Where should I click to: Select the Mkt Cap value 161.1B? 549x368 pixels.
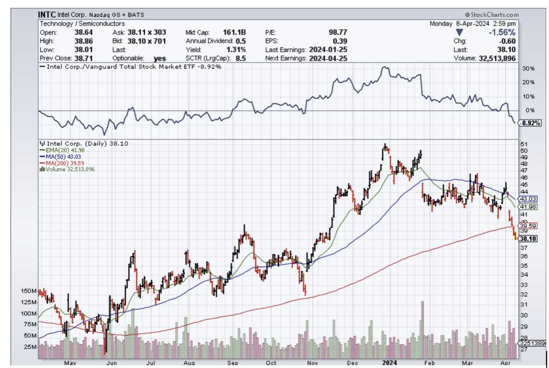[x=235, y=33]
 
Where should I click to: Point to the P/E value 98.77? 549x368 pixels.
[x=337, y=33]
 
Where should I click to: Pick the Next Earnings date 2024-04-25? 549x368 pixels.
[x=328, y=58]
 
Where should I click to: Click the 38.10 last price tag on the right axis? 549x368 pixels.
[x=525, y=239]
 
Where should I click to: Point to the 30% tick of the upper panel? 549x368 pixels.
[x=528, y=69]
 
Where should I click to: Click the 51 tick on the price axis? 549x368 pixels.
[x=524, y=144]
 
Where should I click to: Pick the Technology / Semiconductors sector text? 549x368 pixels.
[x=82, y=23]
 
